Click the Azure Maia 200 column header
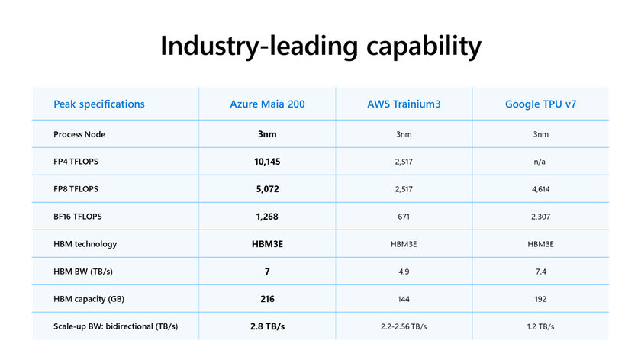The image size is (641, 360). (x=267, y=104)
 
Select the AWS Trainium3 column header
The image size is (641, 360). (x=404, y=104)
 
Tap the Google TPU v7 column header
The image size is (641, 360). (x=540, y=104)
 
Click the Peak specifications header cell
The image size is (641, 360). (x=98, y=104)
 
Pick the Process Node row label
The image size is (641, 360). (x=79, y=134)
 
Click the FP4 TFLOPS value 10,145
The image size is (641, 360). (x=267, y=162)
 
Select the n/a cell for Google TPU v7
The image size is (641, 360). (x=540, y=162)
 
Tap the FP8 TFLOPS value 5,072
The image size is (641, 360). (x=267, y=189)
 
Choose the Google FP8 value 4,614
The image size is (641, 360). (x=540, y=189)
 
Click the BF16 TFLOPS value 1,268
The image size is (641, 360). (x=267, y=217)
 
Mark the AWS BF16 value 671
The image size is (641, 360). (x=404, y=217)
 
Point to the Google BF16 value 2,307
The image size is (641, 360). (x=540, y=217)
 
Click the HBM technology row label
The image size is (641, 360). (x=85, y=244)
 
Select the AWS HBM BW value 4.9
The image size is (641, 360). (x=404, y=272)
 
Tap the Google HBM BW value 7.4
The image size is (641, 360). (x=540, y=272)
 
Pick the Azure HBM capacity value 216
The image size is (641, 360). (x=267, y=299)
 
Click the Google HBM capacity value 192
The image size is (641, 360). (x=540, y=299)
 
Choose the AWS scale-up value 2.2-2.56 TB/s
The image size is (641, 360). (x=404, y=326)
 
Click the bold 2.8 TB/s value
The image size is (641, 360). (x=267, y=326)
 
